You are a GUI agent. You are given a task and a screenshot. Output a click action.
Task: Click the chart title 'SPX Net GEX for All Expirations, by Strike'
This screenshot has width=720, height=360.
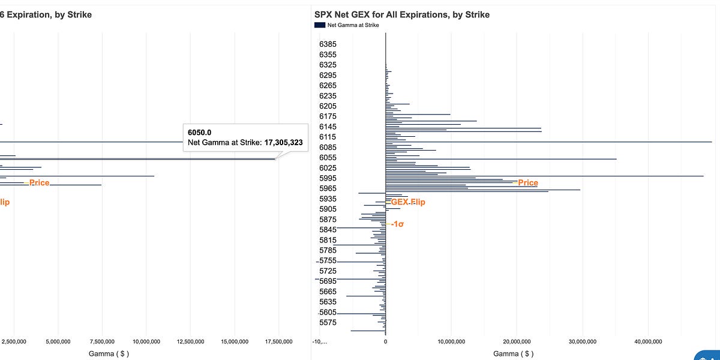401,14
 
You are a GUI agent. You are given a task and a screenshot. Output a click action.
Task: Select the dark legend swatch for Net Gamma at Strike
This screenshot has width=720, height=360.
319,25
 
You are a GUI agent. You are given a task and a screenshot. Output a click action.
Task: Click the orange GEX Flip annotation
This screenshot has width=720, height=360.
408,202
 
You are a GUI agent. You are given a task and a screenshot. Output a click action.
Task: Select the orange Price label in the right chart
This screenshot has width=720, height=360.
528,183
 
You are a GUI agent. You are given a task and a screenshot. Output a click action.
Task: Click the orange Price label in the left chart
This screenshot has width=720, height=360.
39,182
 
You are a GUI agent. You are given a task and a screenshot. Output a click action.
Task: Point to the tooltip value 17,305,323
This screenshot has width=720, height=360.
283,143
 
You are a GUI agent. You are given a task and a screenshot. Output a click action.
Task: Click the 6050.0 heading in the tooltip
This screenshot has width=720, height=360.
200,132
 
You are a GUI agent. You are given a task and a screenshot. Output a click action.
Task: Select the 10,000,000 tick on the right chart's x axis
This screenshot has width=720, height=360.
451,341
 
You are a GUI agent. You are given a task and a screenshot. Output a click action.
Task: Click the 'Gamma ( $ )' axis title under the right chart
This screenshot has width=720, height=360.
513,354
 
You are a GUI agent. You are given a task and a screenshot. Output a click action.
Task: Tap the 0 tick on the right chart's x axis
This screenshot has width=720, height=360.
385,341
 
